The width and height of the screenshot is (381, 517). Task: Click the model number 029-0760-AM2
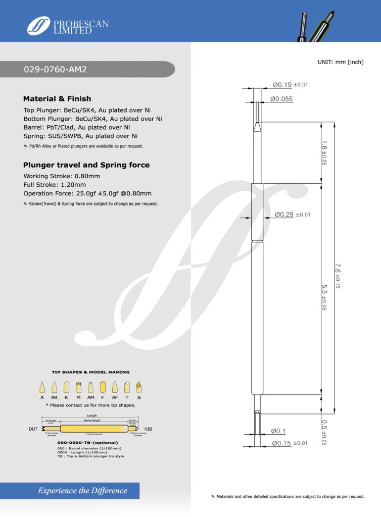pos(56,70)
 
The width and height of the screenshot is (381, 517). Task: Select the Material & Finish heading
pos(57,98)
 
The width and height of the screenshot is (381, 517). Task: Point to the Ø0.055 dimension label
pos(281,99)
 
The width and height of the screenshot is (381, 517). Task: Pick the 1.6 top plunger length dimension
pos(324,153)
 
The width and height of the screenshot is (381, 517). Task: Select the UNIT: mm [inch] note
pos(341,62)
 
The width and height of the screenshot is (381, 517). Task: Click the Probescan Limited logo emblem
pos(38,25)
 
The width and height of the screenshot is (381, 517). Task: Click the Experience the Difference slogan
pos(82,490)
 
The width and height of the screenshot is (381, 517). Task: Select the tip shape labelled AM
pos(90,388)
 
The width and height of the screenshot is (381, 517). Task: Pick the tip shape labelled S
pos(139,388)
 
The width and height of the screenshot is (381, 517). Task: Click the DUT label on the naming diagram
pos(32,429)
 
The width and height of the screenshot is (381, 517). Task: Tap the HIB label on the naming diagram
pos(148,429)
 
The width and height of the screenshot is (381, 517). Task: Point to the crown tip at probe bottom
pos(257,413)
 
